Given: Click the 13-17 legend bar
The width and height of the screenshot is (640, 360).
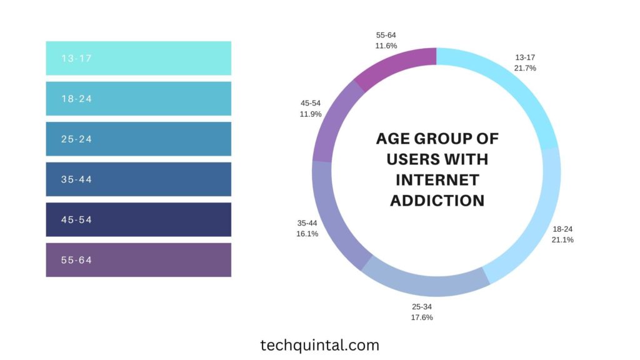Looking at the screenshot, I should [138, 58].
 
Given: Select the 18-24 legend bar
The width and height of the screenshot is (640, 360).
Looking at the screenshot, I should [138, 99].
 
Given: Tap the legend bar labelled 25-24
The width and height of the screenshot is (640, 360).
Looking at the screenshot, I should [138, 139].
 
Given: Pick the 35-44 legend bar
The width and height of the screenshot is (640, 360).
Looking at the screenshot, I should [138, 179].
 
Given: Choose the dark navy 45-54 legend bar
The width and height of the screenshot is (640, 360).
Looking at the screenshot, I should [138, 219].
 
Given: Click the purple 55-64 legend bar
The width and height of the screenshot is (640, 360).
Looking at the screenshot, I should [138, 260].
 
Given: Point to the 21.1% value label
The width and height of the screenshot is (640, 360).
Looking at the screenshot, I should [562, 239].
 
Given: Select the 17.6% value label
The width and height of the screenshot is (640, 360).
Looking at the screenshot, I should [422, 317].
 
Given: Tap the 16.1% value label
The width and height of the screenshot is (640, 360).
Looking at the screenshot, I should [307, 234].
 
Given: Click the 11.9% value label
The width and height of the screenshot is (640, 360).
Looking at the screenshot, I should [311, 114].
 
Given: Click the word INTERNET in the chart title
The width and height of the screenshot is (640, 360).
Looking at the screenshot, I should [437, 180].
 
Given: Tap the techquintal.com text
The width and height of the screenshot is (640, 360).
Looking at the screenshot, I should [319, 344].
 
